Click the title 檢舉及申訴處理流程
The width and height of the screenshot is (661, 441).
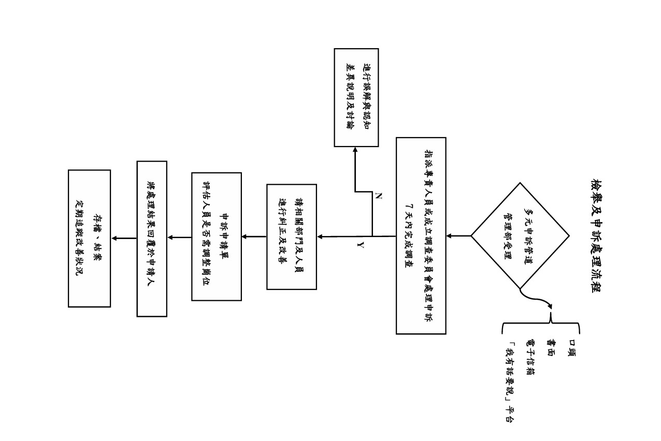(x=597, y=236)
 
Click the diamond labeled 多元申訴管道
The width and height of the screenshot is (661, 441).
(x=520, y=236)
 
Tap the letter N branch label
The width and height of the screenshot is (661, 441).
(x=378, y=196)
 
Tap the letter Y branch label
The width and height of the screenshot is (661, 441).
(x=361, y=245)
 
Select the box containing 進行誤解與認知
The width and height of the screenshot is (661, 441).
(x=356, y=98)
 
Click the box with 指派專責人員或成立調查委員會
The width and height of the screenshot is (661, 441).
(x=421, y=236)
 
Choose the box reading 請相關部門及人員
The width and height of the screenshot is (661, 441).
(x=292, y=237)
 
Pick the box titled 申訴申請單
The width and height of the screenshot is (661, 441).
(x=217, y=237)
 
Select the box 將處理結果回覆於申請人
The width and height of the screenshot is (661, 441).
(x=152, y=239)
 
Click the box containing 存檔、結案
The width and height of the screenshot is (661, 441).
(x=89, y=239)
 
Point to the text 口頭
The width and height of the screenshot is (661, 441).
(x=572, y=348)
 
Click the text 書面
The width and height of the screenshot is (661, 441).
(x=551, y=348)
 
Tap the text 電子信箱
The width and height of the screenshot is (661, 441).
(x=530, y=357)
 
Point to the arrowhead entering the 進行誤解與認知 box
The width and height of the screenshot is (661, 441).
(x=355, y=150)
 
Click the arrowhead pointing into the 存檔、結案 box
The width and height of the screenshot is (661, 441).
(x=114, y=238)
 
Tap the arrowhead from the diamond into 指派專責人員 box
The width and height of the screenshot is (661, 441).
(x=449, y=236)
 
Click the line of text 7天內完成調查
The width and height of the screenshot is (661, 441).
(x=409, y=236)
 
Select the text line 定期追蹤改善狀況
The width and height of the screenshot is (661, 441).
(x=79, y=238)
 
